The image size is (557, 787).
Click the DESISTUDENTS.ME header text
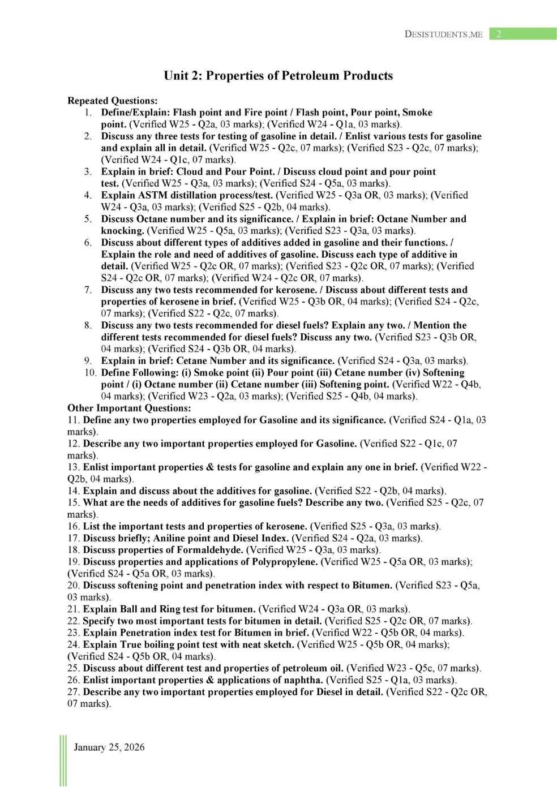(x=443, y=35)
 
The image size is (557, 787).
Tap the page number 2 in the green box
(x=499, y=34)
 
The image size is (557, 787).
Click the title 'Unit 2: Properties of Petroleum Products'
(x=278, y=76)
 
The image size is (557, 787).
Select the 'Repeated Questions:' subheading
(x=113, y=101)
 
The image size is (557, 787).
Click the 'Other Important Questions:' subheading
(x=129, y=408)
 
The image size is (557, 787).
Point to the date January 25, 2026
(x=109, y=747)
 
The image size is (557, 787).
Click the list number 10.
(x=90, y=373)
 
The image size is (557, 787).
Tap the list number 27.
(x=73, y=692)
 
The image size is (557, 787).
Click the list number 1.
(x=88, y=113)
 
